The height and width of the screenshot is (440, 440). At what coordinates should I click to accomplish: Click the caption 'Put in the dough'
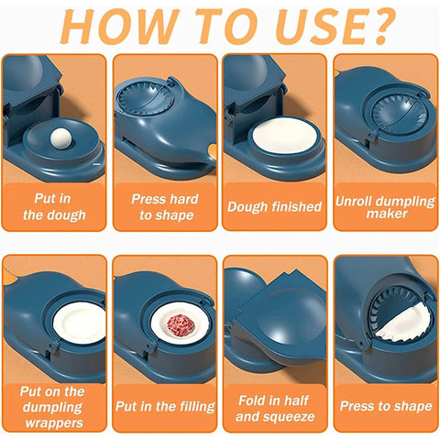tap(54, 207)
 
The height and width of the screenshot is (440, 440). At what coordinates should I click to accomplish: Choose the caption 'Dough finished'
tap(274, 207)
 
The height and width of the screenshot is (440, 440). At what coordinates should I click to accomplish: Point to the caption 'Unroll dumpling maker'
tap(385, 207)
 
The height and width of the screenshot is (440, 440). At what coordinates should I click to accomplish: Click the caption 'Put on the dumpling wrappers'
tap(54, 404)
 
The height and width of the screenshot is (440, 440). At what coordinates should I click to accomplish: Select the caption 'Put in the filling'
tap(165, 405)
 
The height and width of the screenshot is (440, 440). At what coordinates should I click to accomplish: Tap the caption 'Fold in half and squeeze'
tap(274, 407)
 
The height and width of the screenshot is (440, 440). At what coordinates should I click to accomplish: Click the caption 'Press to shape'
tap(385, 405)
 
